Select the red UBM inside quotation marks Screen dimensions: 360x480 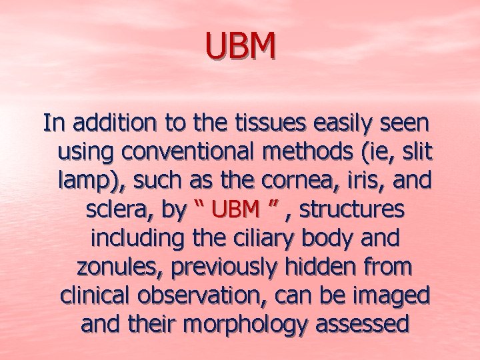[x=235, y=209]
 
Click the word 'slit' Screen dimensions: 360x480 [x=417, y=152]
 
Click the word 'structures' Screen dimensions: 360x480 [x=352, y=209]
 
